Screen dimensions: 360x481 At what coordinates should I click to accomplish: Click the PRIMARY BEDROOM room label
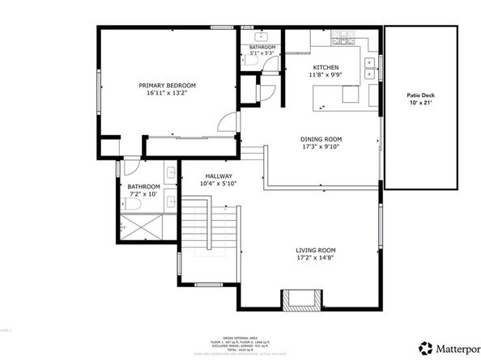167,85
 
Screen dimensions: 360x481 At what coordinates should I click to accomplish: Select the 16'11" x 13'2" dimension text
167,94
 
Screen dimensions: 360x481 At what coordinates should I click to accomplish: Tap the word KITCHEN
326,67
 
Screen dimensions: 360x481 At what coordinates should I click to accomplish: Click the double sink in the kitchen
370,69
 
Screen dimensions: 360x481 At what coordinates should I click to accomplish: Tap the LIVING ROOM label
316,250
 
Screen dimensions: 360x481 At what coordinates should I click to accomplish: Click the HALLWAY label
219,176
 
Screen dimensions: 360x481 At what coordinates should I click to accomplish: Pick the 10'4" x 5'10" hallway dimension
219,184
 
